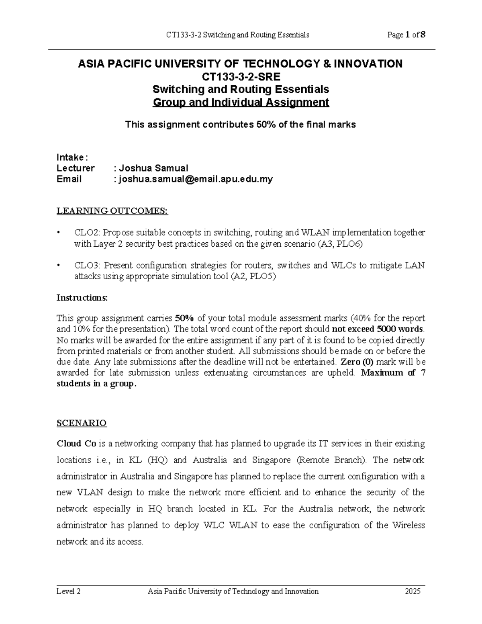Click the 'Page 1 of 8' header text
click(x=406, y=35)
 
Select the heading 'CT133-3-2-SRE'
click(x=241, y=76)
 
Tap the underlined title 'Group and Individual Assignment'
click(x=241, y=102)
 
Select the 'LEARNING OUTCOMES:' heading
click(x=112, y=211)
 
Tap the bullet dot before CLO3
click(x=59, y=266)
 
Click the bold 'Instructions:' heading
click(x=82, y=298)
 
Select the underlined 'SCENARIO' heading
click(x=82, y=423)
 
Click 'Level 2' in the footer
click(x=69, y=591)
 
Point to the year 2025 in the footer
click(x=413, y=591)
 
